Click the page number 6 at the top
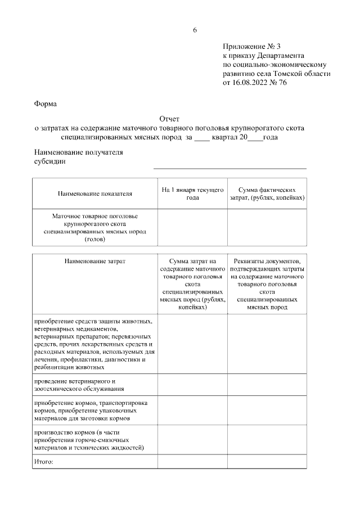[x=195, y=30]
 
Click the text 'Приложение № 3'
[x=248, y=47]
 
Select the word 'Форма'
[x=45, y=103]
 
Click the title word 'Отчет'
[x=169, y=119]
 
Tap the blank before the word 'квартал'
[x=201, y=137]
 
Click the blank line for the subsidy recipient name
[x=230, y=165]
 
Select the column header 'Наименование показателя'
[x=94, y=194]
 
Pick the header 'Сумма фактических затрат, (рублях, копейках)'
[x=267, y=194]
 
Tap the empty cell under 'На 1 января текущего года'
[x=192, y=228]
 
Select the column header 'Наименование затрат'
[x=94, y=261]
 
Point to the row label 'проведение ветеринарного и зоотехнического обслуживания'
[x=79, y=385]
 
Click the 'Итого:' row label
[x=44, y=462]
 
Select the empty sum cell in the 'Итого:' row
[x=192, y=462]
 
